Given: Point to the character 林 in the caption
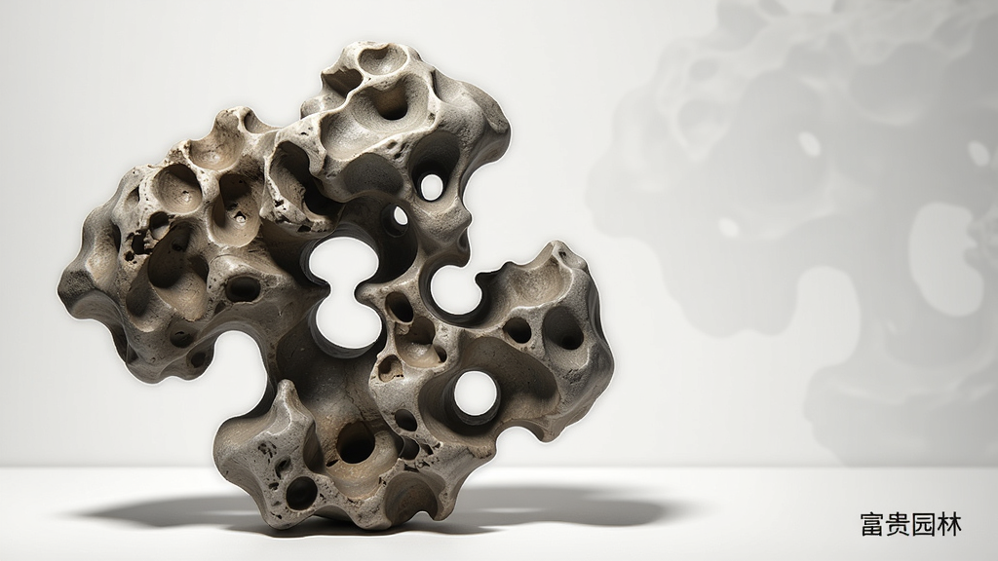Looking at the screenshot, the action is coord(949,525).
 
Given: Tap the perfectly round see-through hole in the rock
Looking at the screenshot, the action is coord(476,392).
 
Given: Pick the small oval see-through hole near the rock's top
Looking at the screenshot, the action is coord(432,185).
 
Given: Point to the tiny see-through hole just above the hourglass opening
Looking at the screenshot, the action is coord(401,216).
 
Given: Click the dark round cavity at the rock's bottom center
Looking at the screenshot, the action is coord(355,443).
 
